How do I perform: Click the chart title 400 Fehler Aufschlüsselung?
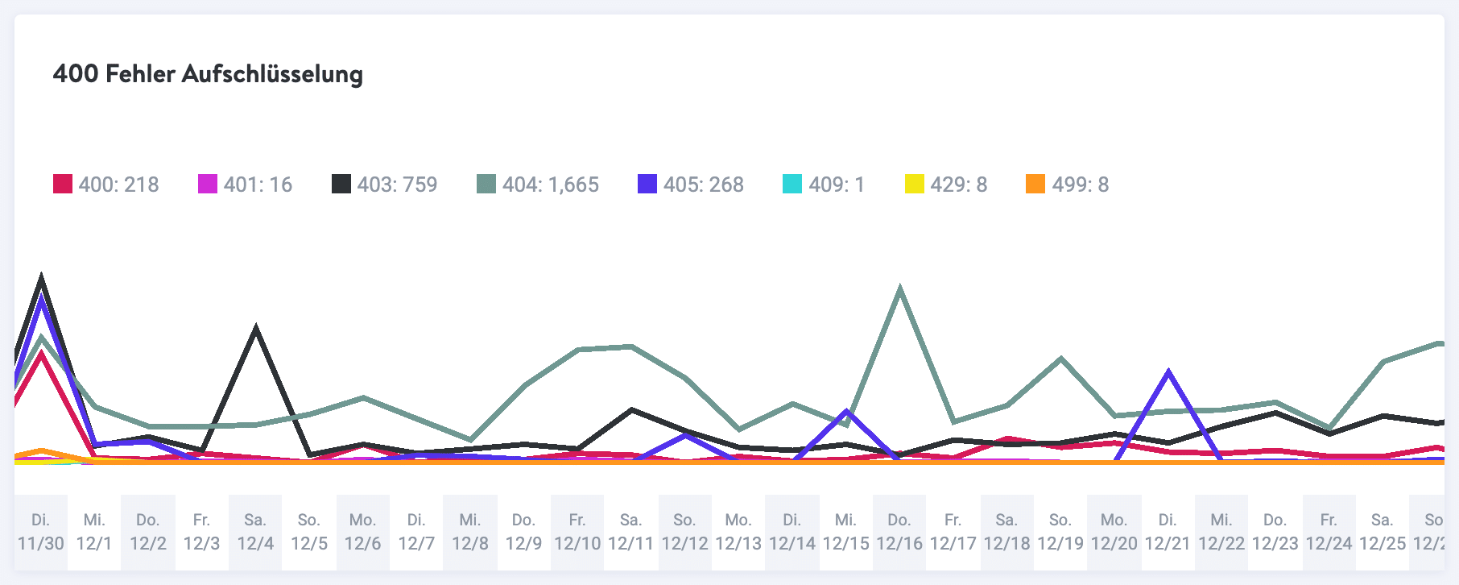208,74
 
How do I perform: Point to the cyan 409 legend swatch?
792,185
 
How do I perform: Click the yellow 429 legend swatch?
914,185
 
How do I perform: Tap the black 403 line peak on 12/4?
255,328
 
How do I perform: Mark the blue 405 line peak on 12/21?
1168,372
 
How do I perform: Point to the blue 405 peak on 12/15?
845,412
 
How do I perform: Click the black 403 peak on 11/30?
41,279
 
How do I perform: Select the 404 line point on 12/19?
1060,359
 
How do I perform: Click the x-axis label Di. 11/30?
41,532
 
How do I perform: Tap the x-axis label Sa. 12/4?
255,532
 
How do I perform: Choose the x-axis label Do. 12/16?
899,532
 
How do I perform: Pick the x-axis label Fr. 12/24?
1329,532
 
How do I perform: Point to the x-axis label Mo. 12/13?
738,532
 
